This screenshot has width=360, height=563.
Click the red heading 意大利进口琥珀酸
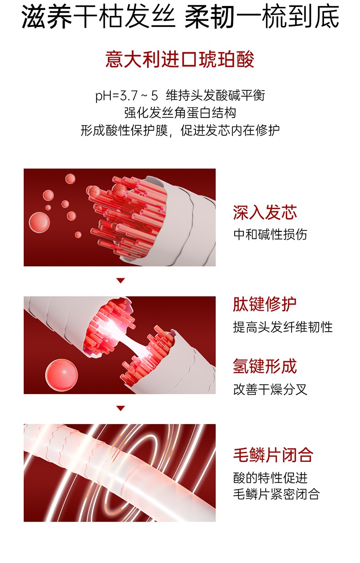click(x=180, y=60)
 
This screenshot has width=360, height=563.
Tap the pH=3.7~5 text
click(x=126, y=96)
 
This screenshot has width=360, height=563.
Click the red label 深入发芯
click(x=265, y=212)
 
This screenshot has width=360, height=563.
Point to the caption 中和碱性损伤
click(x=270, y=234)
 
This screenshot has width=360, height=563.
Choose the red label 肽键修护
click(x=265, y=304)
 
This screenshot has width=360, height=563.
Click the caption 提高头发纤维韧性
click(x=283, y=327)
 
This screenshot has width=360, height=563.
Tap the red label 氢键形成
click(x=265, y=366)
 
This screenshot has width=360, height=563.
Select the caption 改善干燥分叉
click(x=270, y=389)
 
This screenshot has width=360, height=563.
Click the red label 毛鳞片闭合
click(x=273, y=455)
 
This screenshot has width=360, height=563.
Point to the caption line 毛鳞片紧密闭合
click(x=276, y=494)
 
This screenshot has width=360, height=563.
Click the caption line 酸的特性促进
click(x=270, y=477)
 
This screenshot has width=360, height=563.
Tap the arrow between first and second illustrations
click(x=120, y=281)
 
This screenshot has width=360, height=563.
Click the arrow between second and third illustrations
click(x=120, y=408)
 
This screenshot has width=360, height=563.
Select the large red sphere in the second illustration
click(x=62, y=374)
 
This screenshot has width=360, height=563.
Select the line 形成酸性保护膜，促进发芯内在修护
click(x=180, y=131)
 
